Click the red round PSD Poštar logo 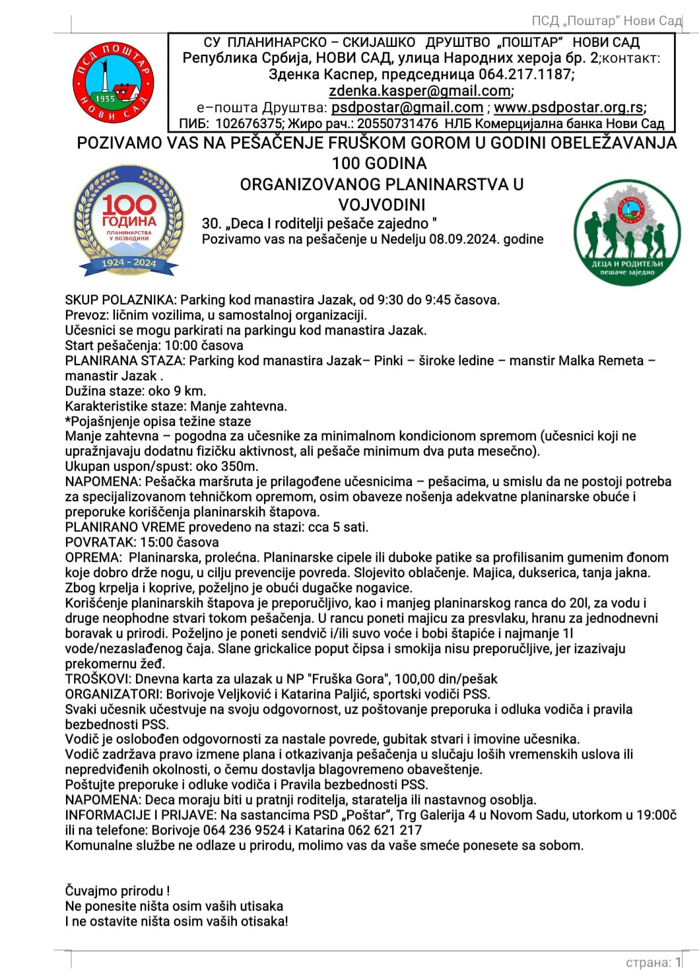[113, 84]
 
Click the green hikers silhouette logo [626, 232]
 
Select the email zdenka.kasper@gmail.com [420, 91]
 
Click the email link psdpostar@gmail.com [407, 108]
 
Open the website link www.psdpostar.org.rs [568, 108]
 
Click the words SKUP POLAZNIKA [120, 300]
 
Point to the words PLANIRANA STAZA [125, 361]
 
